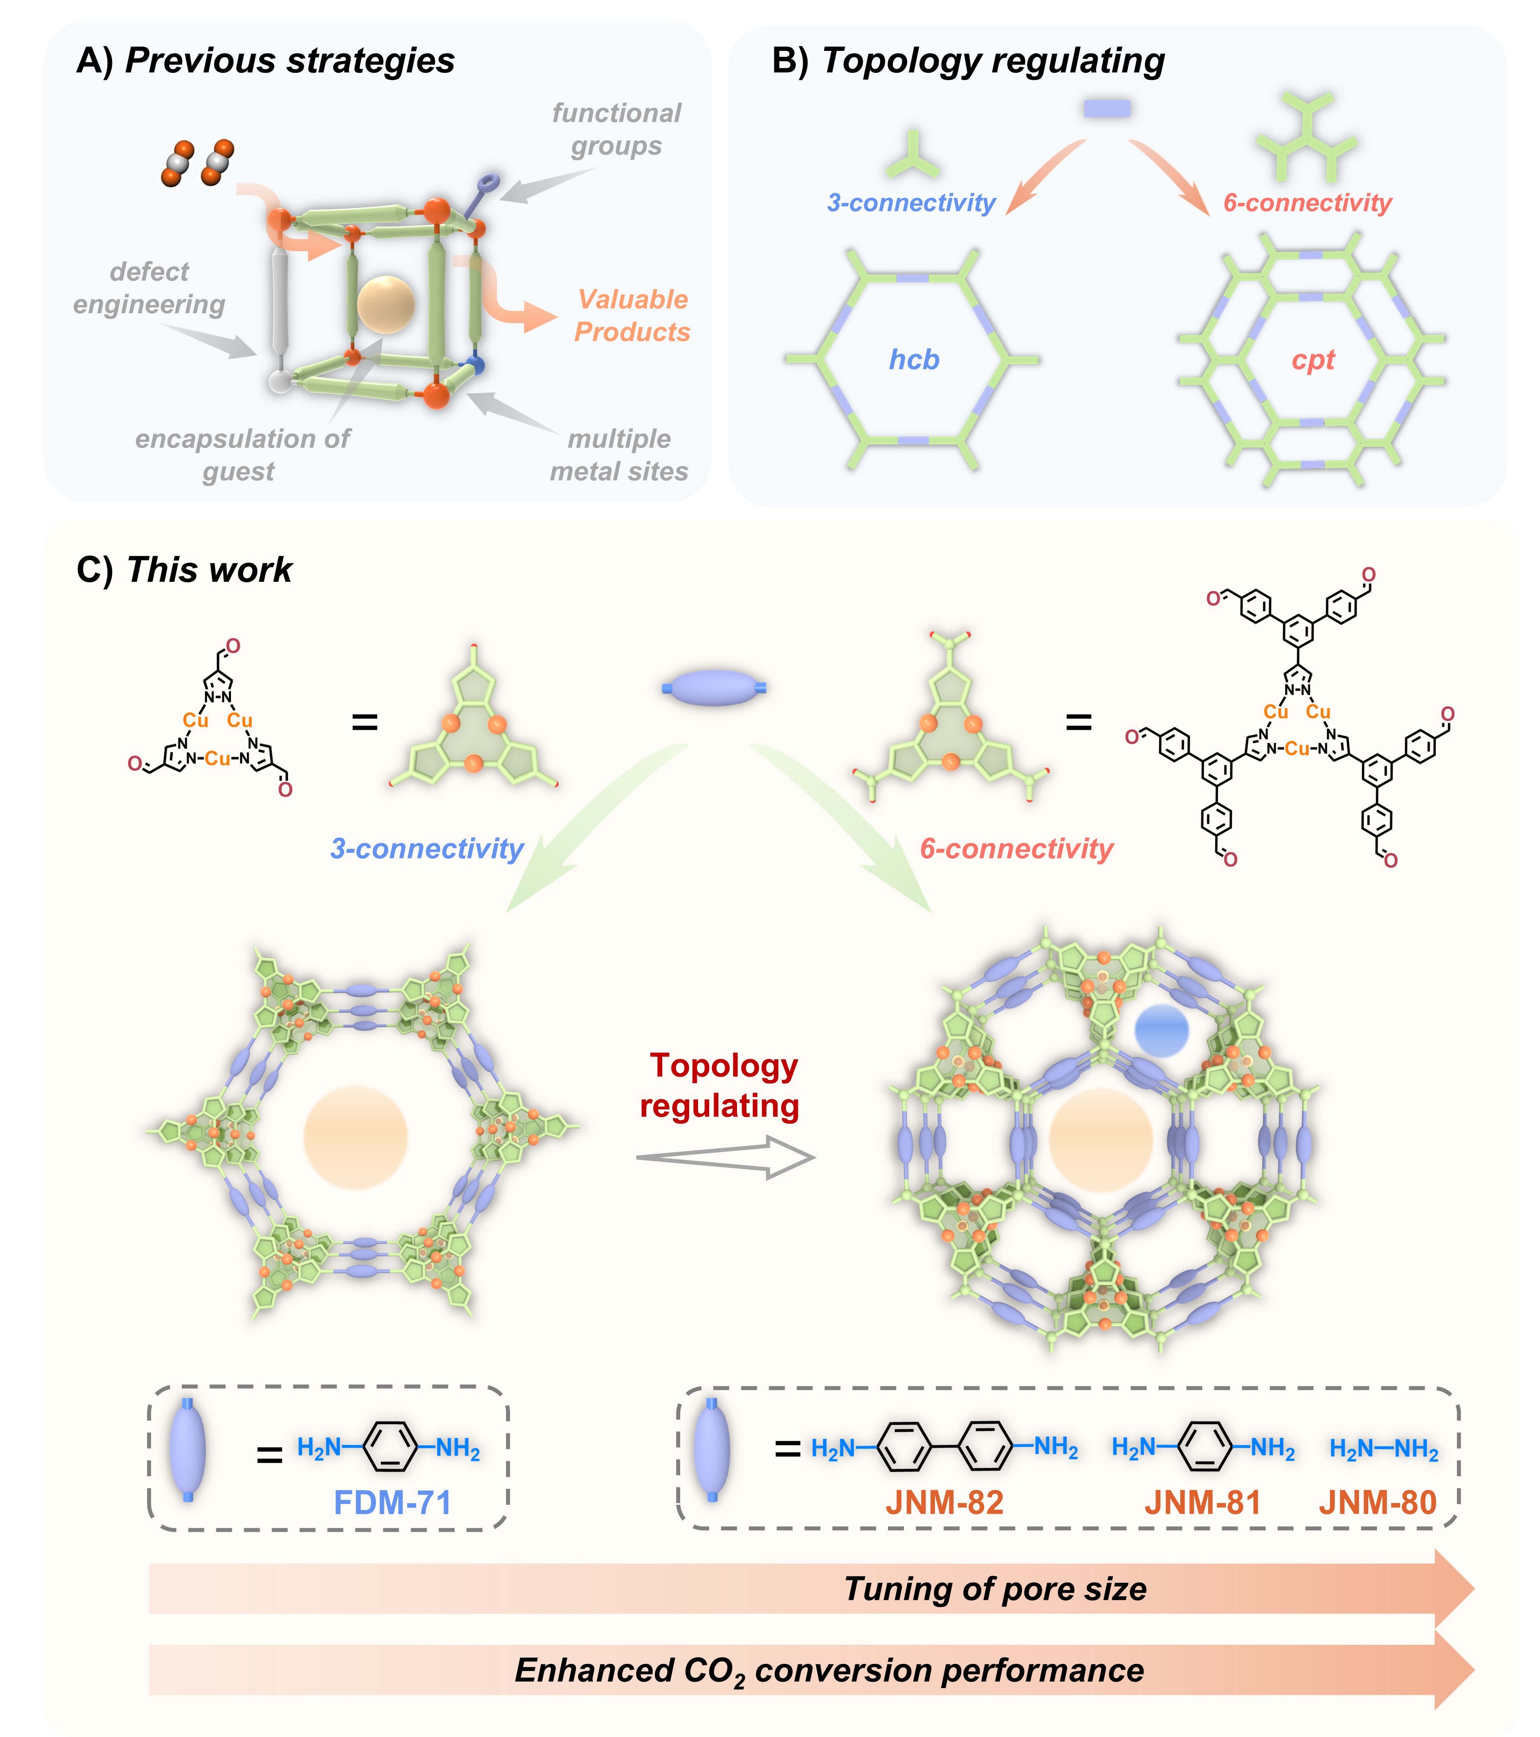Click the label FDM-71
[x=392, y=1502]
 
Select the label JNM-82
[x=944, y=1502]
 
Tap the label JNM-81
[x=1202, y=1502]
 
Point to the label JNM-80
[x=1377, y=1502]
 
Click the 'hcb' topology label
[x=914, y=359]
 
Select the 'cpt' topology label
[x=1313, y=359]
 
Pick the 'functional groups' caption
[x=616, y=129]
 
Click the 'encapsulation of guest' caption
[x=242, y=455]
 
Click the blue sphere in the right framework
[x=1161, y=1030]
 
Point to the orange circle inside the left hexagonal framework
[x=355, y=1137]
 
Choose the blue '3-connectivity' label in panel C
[x=427, y=848]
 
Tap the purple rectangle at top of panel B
[x=1107, y=108]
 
